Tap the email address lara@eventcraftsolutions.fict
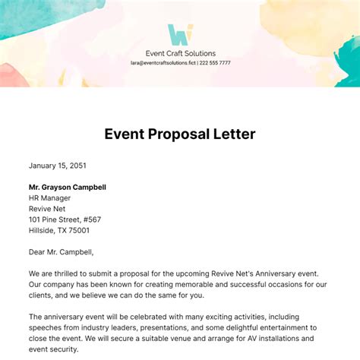163,64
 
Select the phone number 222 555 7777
216,64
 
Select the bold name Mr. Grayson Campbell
67,187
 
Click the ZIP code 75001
76,231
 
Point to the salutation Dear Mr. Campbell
66,252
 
